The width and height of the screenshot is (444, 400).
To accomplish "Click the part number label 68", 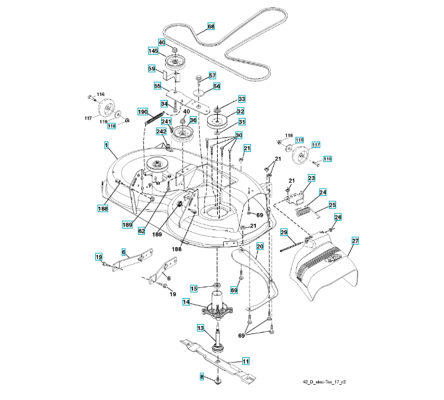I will point(211,27).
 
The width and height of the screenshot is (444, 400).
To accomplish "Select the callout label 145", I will point(153,51).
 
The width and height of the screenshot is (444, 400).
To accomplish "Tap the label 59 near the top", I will point(152,68).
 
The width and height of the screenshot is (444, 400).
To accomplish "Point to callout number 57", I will point(212,75).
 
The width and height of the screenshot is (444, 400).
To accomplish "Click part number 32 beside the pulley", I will point(240,111).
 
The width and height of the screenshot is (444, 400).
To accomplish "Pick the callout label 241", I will point(157,121).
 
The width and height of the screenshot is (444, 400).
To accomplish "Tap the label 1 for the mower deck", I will point(106,145).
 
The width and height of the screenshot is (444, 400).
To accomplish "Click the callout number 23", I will point(311,178).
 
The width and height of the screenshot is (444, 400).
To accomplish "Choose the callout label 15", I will point(194,288).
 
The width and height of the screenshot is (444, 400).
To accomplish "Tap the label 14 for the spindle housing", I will point(187,302).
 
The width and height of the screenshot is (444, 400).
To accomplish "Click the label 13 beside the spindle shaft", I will point(200,328).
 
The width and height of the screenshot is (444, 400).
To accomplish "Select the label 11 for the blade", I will point(246,361).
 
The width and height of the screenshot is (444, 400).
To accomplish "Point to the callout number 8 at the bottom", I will point(202,377).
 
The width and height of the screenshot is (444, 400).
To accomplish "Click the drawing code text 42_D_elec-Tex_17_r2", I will point(325,383).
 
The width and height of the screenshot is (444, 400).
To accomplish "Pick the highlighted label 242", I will point(161,132).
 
